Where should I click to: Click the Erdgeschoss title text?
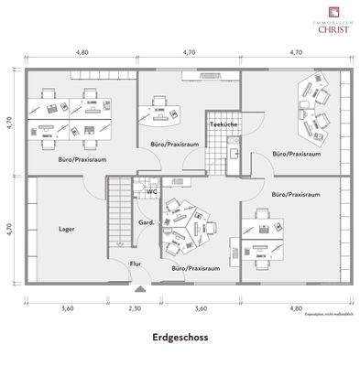(x=180, y=337)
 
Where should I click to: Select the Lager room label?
(x=66, y=230)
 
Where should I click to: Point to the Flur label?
(x=136, y=264)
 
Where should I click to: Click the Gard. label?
(x=145, y=223)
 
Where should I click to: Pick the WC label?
(x=151, y=192)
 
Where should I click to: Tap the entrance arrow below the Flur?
(x=137, y=286)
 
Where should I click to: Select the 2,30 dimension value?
(x=136, y=308)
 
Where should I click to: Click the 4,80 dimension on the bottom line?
(x=294, y=308)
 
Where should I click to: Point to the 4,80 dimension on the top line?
(x=82, y=53)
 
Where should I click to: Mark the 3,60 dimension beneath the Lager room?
(x=66, y=308)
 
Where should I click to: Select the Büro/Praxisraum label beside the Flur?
(x=195, y=269)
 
